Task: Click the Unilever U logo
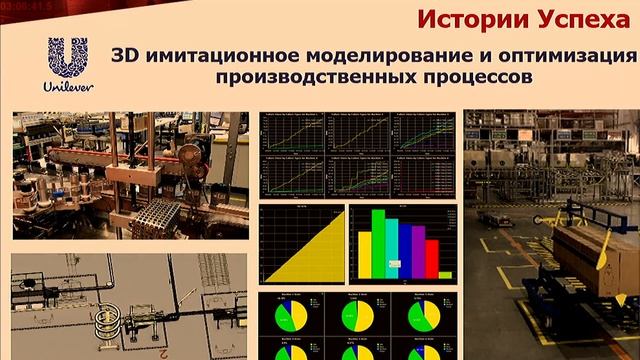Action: pyautogui.click(x=69, y=59)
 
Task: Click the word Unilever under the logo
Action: pyautogui.click(x=68, y=88)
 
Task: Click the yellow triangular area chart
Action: pyautogui.click(x=310, y=250)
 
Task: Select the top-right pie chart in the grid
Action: pyautogui.click(x=421, y=316)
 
